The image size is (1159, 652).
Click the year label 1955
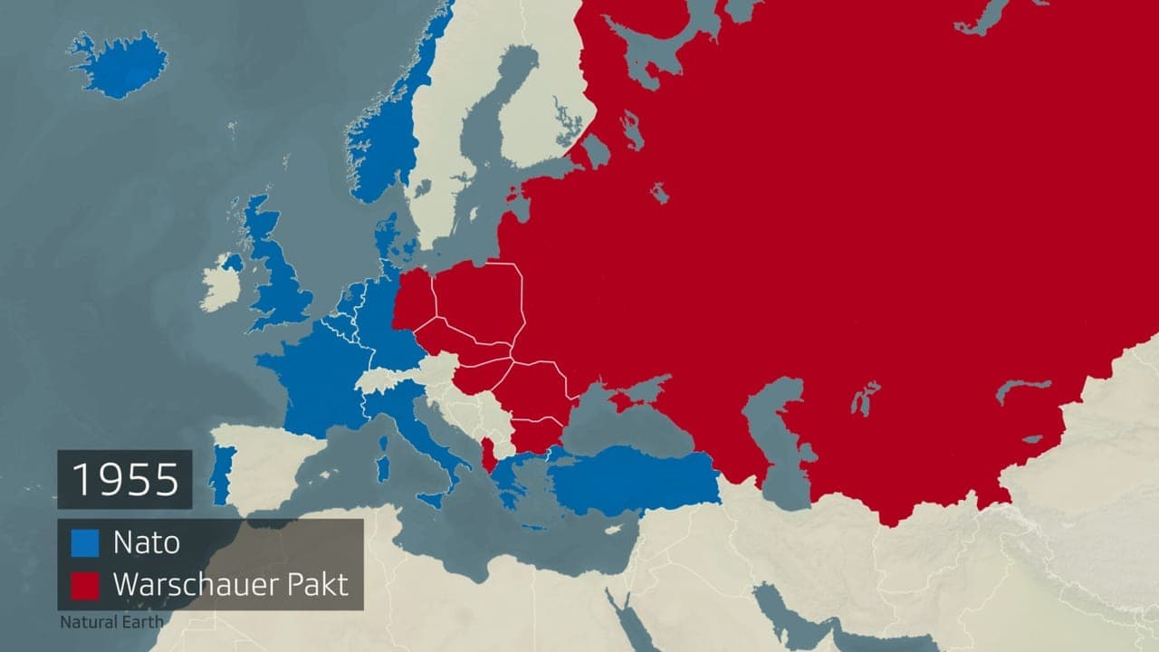pyautogui.click(x=125, y=479)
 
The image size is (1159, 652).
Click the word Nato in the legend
pyautogui.click(x=146, y=542)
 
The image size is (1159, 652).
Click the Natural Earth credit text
pyautogui.click(x=112, y=622)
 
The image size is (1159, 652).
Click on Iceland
pyautogui.click(x=118, y=65)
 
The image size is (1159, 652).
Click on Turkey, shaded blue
pyautogui.click(x=634, y=478)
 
